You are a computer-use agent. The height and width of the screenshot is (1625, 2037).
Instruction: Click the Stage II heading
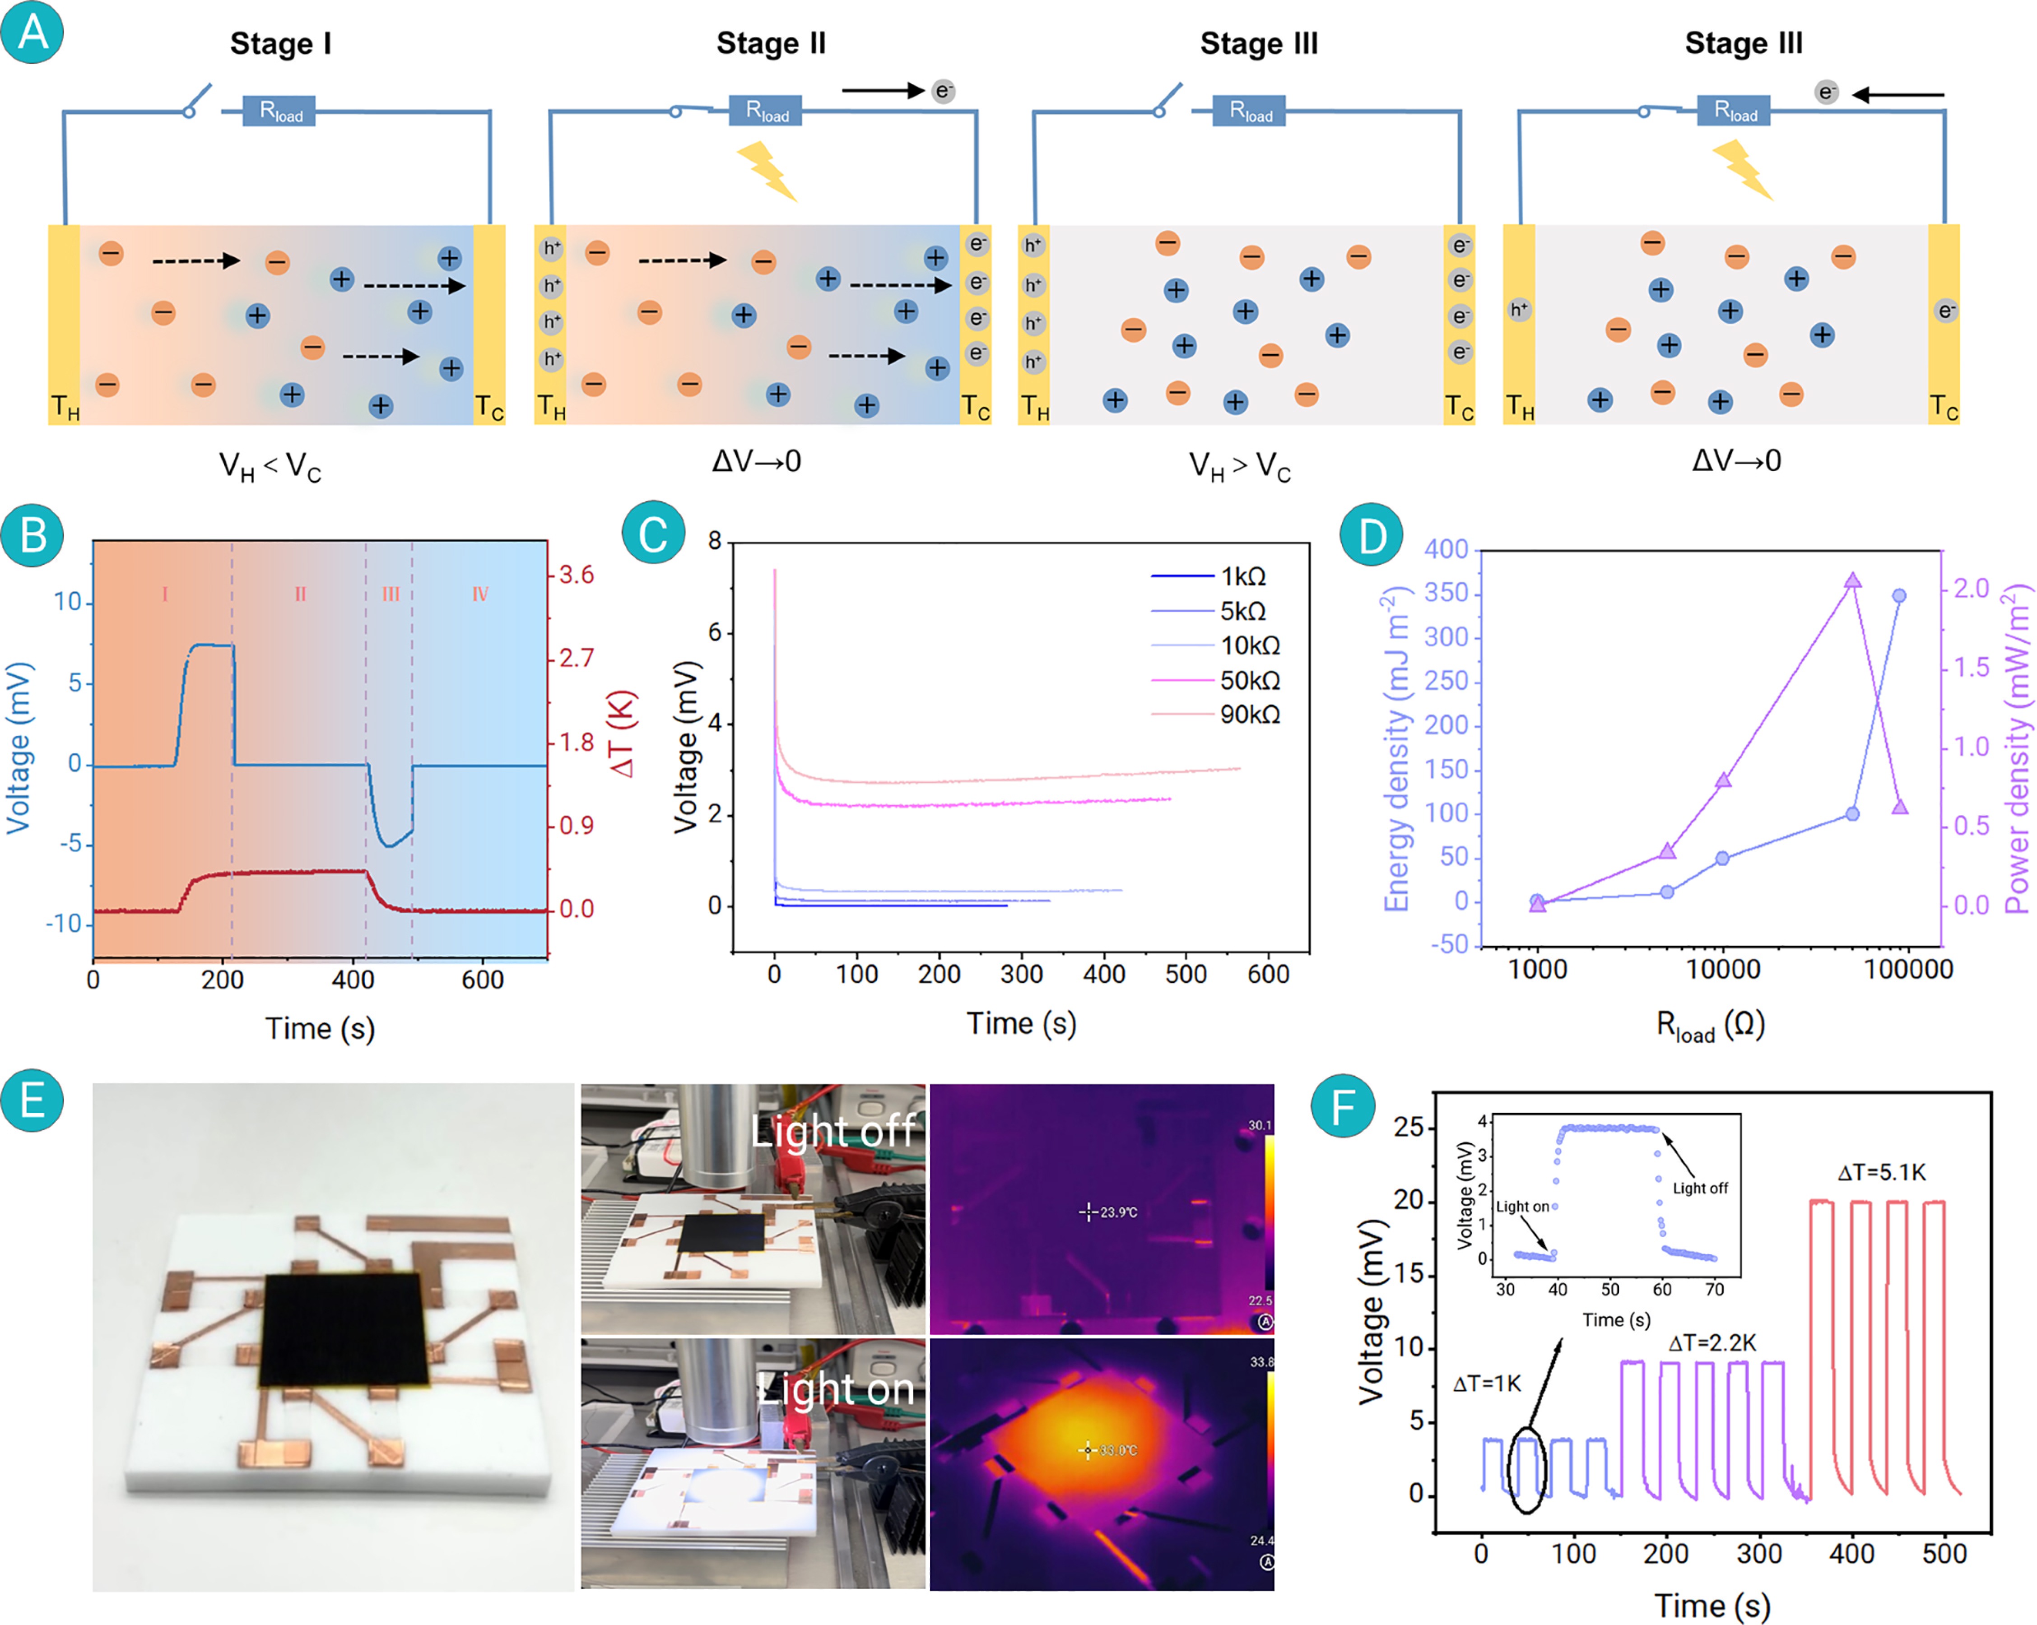(x=771, y=43)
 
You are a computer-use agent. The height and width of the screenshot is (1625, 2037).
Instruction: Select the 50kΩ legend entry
(x=1249, y=680)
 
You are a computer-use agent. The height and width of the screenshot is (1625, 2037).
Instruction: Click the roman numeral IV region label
(x=480, y=594)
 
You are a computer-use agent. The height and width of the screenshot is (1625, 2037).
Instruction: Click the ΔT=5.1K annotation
(x=1881, y=1172)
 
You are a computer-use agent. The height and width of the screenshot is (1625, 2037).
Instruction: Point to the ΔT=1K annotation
(x=1487, y=1384)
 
